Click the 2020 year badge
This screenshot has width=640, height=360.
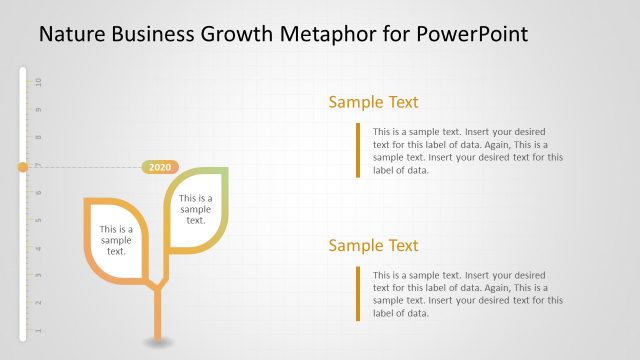pos(160,167)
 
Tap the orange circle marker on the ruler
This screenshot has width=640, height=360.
pos(22,167)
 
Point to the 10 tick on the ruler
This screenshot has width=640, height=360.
pos(38,81)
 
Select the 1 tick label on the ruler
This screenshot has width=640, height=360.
pos(38,330)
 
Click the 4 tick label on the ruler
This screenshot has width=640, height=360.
pos(38,248)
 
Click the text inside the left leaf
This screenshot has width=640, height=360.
pos(116,240)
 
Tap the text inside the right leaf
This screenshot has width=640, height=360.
pos(196,209)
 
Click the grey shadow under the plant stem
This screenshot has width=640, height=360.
pos(157,343)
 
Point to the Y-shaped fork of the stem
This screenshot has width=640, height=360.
pos(157,289)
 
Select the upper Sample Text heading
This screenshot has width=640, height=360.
pos(373,102)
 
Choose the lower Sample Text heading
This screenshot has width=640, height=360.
pos(373,246)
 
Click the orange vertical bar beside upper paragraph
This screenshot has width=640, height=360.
pos(357,150)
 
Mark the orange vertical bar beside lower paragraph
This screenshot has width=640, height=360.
pos(357,293)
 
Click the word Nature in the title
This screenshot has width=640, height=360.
pos(71,35)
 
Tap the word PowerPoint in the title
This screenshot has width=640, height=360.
pos(471,35)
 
